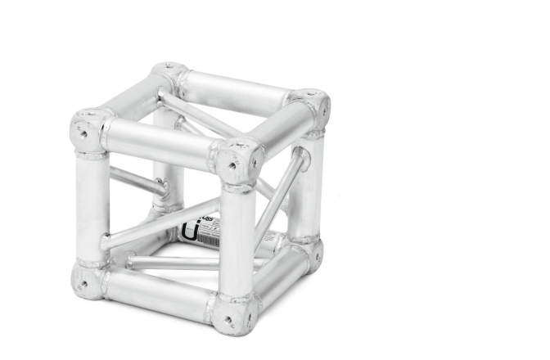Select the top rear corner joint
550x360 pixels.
click(171, 74)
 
